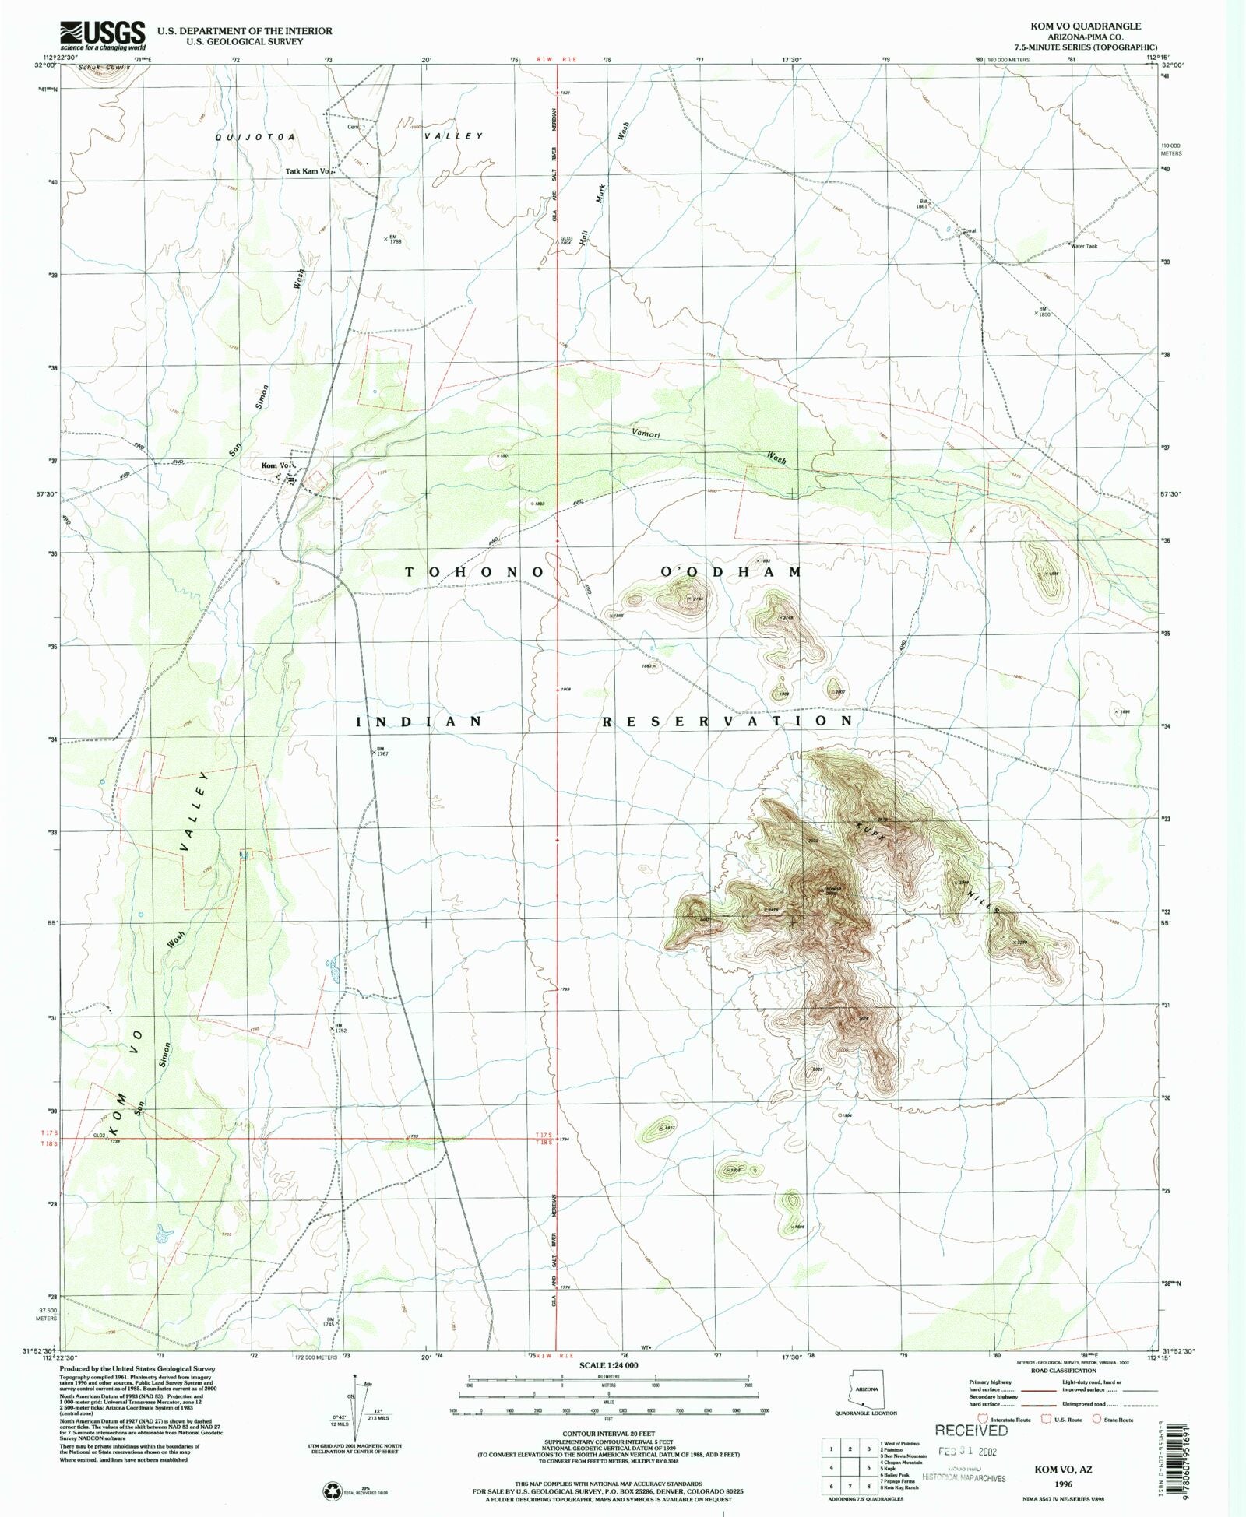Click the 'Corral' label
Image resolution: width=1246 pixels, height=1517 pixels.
point(969,231)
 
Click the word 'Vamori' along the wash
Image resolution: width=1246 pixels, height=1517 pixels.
point(646,434)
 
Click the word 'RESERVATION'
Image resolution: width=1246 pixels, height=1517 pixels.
point(728,722)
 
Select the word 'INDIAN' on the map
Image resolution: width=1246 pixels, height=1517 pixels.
point(419,722)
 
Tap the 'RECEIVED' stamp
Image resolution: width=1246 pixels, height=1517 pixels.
point(971,1431)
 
